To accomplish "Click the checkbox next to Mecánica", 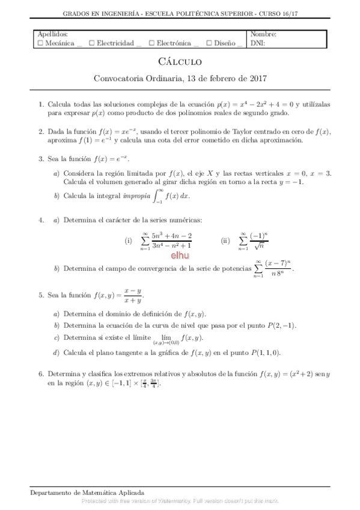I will pos(40,43).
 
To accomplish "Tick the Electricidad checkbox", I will pos(91,43).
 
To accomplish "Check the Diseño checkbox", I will pos(209,43).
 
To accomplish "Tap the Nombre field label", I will pos(263,35).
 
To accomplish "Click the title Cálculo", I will pos(180,61).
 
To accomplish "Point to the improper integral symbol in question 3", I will pos(156,196).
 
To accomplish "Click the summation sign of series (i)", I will pos(145,241).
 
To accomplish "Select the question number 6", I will pos(40,373).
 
